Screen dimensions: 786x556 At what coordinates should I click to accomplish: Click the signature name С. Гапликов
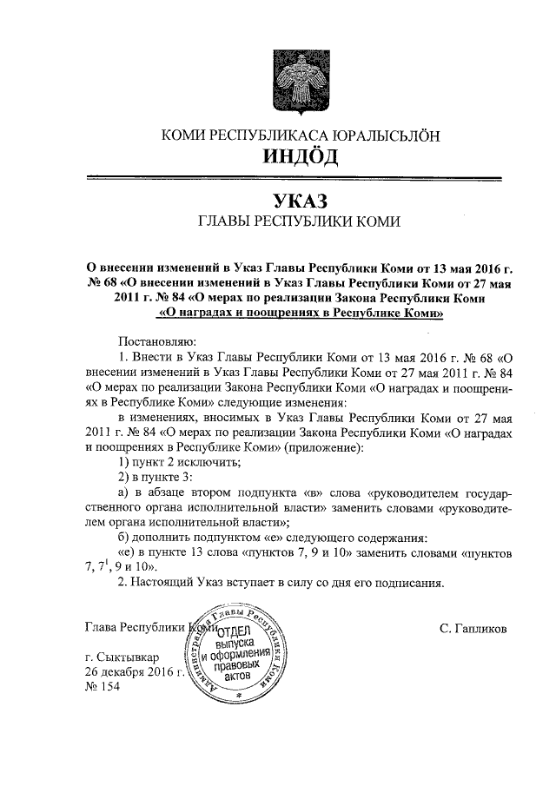pos(474,626)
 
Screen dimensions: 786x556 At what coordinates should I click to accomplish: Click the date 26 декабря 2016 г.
pos(135,673)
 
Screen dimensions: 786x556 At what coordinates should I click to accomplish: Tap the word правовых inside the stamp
pos(235,664)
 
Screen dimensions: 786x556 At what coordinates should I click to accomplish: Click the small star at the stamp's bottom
pos(237,697)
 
